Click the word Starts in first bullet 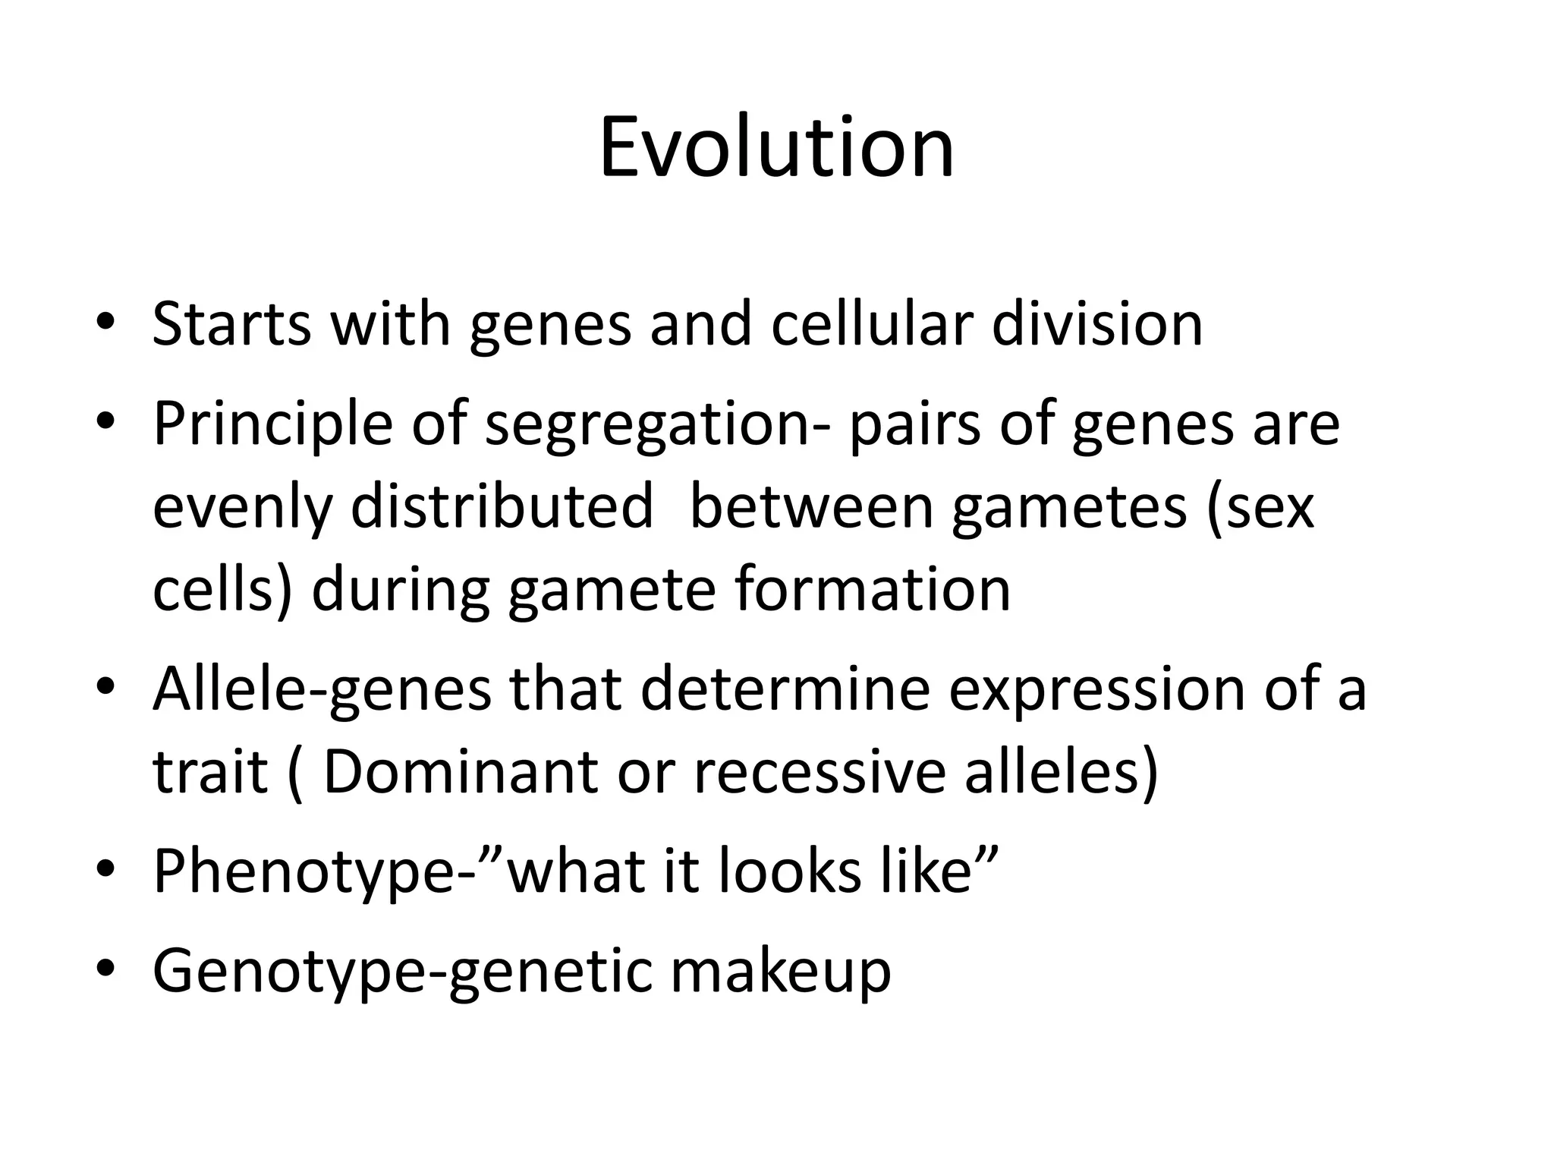231,325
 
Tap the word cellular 871,325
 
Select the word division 1097,325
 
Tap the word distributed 502,506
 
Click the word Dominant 461,773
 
